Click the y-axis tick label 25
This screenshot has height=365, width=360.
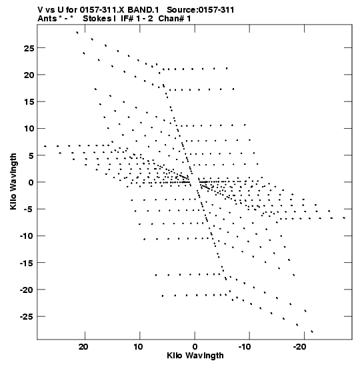29,49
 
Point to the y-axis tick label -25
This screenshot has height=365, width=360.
27,317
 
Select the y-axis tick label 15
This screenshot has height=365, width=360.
29,102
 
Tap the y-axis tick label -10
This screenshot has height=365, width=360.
27,236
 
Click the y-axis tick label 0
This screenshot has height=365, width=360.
31,183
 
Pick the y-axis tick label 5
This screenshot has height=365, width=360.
31,155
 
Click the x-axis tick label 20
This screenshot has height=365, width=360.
83,347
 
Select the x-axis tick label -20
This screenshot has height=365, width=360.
300,347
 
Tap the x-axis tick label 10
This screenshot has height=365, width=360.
139,347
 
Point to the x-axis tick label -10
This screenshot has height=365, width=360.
245,347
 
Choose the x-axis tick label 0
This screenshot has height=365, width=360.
195,347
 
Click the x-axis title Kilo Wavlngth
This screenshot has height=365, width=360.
195,356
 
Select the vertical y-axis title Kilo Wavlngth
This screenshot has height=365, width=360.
13,181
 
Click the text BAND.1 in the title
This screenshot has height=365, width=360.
143,10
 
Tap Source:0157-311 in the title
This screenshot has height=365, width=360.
200,10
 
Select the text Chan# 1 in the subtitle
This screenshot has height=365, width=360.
175,19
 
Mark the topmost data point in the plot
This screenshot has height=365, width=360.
77,33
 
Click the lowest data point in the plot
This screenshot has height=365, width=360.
312,332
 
